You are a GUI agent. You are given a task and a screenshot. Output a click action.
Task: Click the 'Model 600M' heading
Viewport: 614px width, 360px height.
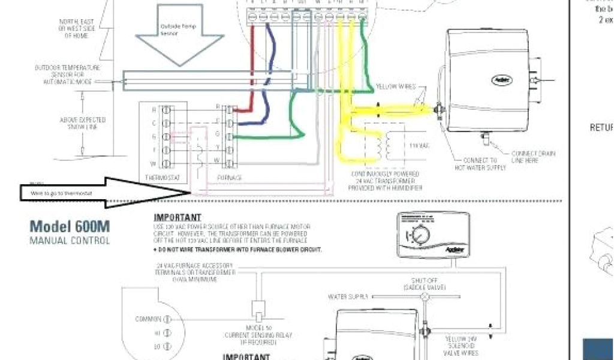(x=70, y=227)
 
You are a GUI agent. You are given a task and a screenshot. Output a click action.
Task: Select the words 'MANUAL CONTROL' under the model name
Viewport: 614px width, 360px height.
(x=70, y=241)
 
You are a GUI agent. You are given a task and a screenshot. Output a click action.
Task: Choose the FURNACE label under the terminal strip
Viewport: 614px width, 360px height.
(x=230, y=178)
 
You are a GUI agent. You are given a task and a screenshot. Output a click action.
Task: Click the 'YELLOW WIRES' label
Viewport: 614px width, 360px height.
(x=395, y=87)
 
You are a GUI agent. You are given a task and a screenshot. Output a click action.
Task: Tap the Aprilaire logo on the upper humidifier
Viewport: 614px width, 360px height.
(x=501, y=79)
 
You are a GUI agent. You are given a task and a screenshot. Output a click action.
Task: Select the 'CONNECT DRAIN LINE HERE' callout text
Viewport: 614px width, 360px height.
(x=533, y=157)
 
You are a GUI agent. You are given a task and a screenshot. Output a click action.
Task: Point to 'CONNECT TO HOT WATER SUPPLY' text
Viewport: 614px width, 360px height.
(x=480, y=164)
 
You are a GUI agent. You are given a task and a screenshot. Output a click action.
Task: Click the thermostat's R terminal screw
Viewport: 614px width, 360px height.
(x=162, y=110)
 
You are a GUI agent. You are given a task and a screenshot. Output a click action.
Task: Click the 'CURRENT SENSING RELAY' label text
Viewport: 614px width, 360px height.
(x=258, y=335)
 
